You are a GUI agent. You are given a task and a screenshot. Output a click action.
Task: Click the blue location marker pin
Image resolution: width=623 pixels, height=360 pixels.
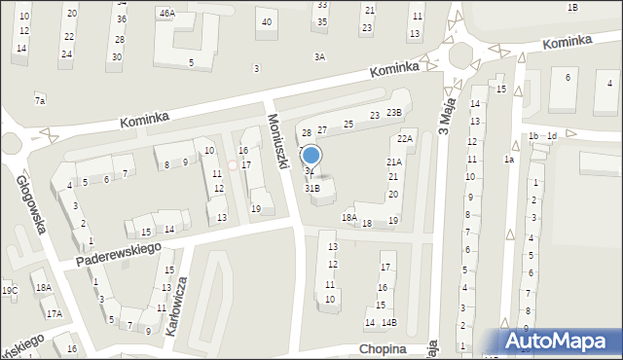pos(311,155)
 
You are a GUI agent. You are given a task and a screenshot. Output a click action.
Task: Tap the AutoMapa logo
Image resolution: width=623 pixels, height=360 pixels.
pos(560,342)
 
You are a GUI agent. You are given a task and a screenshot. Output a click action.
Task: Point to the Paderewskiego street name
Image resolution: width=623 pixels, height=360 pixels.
pos(118,249)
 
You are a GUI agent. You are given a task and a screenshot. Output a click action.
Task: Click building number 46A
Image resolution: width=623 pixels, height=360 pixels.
pos(167,14)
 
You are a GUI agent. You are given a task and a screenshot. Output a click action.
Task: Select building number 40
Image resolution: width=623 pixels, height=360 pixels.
pos(266,21)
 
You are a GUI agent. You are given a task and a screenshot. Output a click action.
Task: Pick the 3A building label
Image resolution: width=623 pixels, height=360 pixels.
pos(319,57)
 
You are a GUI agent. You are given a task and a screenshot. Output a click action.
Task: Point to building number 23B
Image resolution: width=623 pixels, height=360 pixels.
pos(393,113)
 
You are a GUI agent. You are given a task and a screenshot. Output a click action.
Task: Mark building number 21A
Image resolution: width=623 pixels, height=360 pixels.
pos(394,162)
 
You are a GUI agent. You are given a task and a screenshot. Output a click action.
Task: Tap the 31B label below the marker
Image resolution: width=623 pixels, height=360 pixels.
pos(312,188)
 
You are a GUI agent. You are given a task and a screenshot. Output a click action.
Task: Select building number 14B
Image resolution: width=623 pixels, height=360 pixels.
pos(388,322)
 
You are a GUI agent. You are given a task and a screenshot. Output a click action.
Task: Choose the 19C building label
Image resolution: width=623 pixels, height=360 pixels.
pos(9,290)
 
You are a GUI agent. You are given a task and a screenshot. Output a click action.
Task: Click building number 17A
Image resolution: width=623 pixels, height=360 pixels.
pos(54,313)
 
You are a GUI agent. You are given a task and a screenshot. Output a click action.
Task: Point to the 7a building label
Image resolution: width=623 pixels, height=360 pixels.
pos(40,100)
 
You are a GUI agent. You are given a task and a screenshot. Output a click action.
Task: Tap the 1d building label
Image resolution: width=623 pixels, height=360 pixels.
pos(552,136)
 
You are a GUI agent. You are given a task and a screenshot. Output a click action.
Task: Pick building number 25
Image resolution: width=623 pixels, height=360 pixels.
pos(348,124)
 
